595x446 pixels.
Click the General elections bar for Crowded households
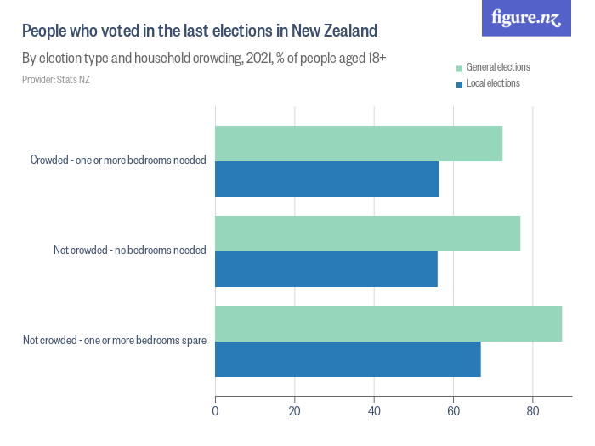tap(359, 144)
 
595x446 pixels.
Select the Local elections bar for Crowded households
tap(327, 179)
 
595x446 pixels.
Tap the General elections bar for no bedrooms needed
tap(367, 234)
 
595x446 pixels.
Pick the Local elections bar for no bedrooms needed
tap(326, 269)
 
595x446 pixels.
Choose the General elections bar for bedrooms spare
tap(388, 324)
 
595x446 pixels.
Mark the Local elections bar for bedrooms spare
tap(348, 359)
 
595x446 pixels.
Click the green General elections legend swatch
tap(460, 68)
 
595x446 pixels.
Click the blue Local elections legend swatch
tap(460, 84)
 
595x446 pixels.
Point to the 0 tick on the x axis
tap(215, 412)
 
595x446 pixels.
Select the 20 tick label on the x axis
tap(295, 412)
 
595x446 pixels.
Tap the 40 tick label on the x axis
tap(374, 412)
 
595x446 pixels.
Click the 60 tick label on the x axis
tap(453, 412)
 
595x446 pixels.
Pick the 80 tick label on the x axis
tap(532, 412)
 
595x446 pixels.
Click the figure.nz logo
tap(527, 18)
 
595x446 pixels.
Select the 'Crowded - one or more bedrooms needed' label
tap(118, 161)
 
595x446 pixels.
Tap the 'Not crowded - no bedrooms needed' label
tap(127, 251)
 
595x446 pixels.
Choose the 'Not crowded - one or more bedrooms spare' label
tap(115, 341)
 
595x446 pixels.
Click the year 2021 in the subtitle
tap(255, 59)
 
